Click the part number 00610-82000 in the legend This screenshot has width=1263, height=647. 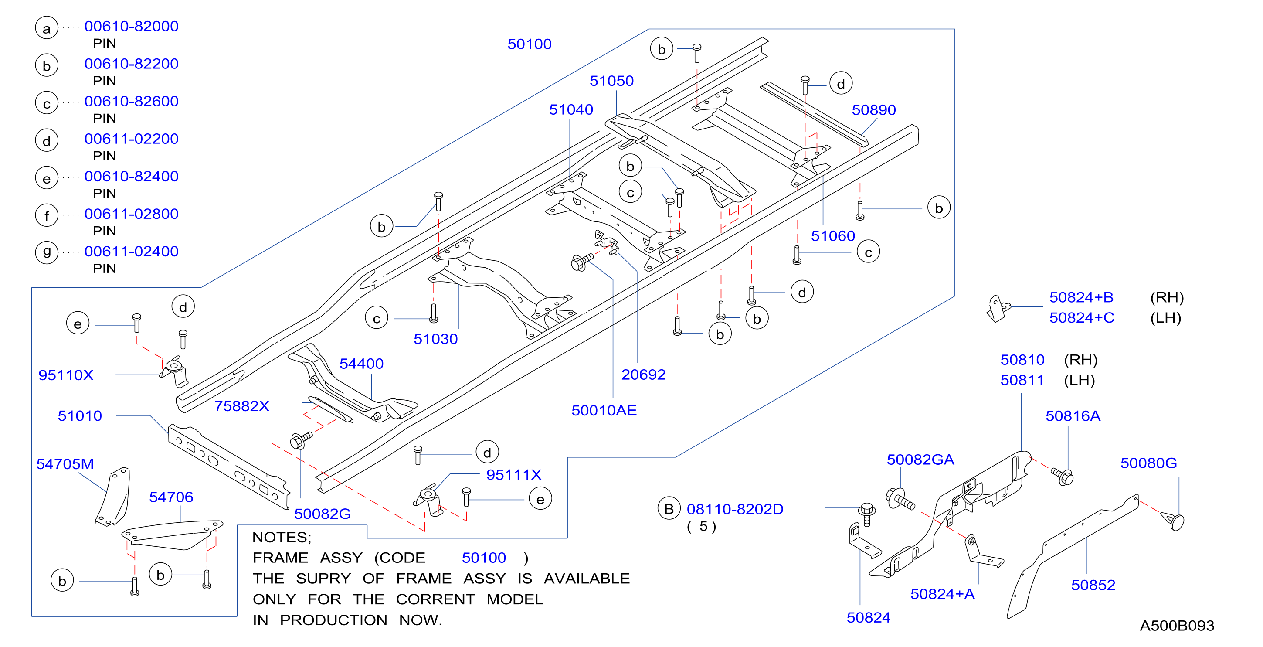click(x=132, y=26)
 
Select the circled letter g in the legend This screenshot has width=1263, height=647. click(x=47, y=252)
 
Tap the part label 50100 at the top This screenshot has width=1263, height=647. click(x=530, y=44)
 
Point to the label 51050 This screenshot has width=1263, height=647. click(x=611, y=81)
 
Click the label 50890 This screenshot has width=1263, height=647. click(x=874, y=110)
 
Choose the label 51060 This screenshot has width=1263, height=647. click(x=833, y=236)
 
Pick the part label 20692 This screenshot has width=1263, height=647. click(x=643, y=375)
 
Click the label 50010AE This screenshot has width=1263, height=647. click(x=604, y=411)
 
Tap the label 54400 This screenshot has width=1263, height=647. click(x=361, y=364)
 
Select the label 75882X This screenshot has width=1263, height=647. click(x=242, y=406)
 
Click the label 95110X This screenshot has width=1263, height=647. click(x=66, y=375)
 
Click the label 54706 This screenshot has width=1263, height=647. click(x=171, y=497)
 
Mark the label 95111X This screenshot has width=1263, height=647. click(x=514, y=475)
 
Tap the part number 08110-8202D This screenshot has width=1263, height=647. click(x=735, y=509)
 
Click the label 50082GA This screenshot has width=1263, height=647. click(x=920, y=460)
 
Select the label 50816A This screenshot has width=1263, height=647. click(x=1073, y=416)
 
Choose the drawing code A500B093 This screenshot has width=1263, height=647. click(x=1177, y=626)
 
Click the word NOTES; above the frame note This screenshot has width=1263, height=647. click(x=282, y=538)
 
